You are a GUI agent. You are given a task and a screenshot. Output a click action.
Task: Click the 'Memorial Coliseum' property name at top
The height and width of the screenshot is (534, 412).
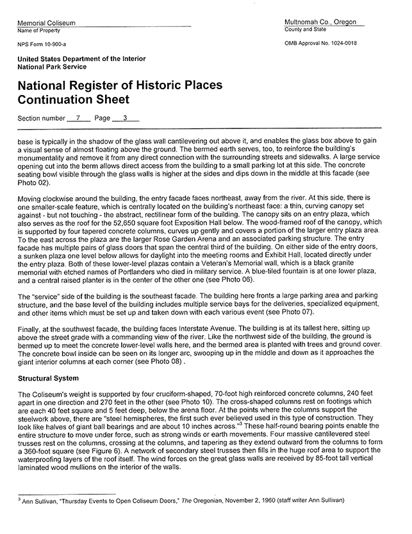click(46, 23)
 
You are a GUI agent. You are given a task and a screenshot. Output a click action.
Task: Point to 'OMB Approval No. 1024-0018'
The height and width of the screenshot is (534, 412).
click(320, 44)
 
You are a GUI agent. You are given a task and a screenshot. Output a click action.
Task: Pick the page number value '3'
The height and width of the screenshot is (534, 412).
click(126, 118)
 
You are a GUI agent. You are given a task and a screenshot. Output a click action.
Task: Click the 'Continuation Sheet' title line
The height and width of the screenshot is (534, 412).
click(74, 99)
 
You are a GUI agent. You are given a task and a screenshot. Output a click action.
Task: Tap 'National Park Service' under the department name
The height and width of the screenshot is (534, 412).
click(52, 67)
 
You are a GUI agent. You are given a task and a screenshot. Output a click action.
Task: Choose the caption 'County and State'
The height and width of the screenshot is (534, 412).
click(306, 30)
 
